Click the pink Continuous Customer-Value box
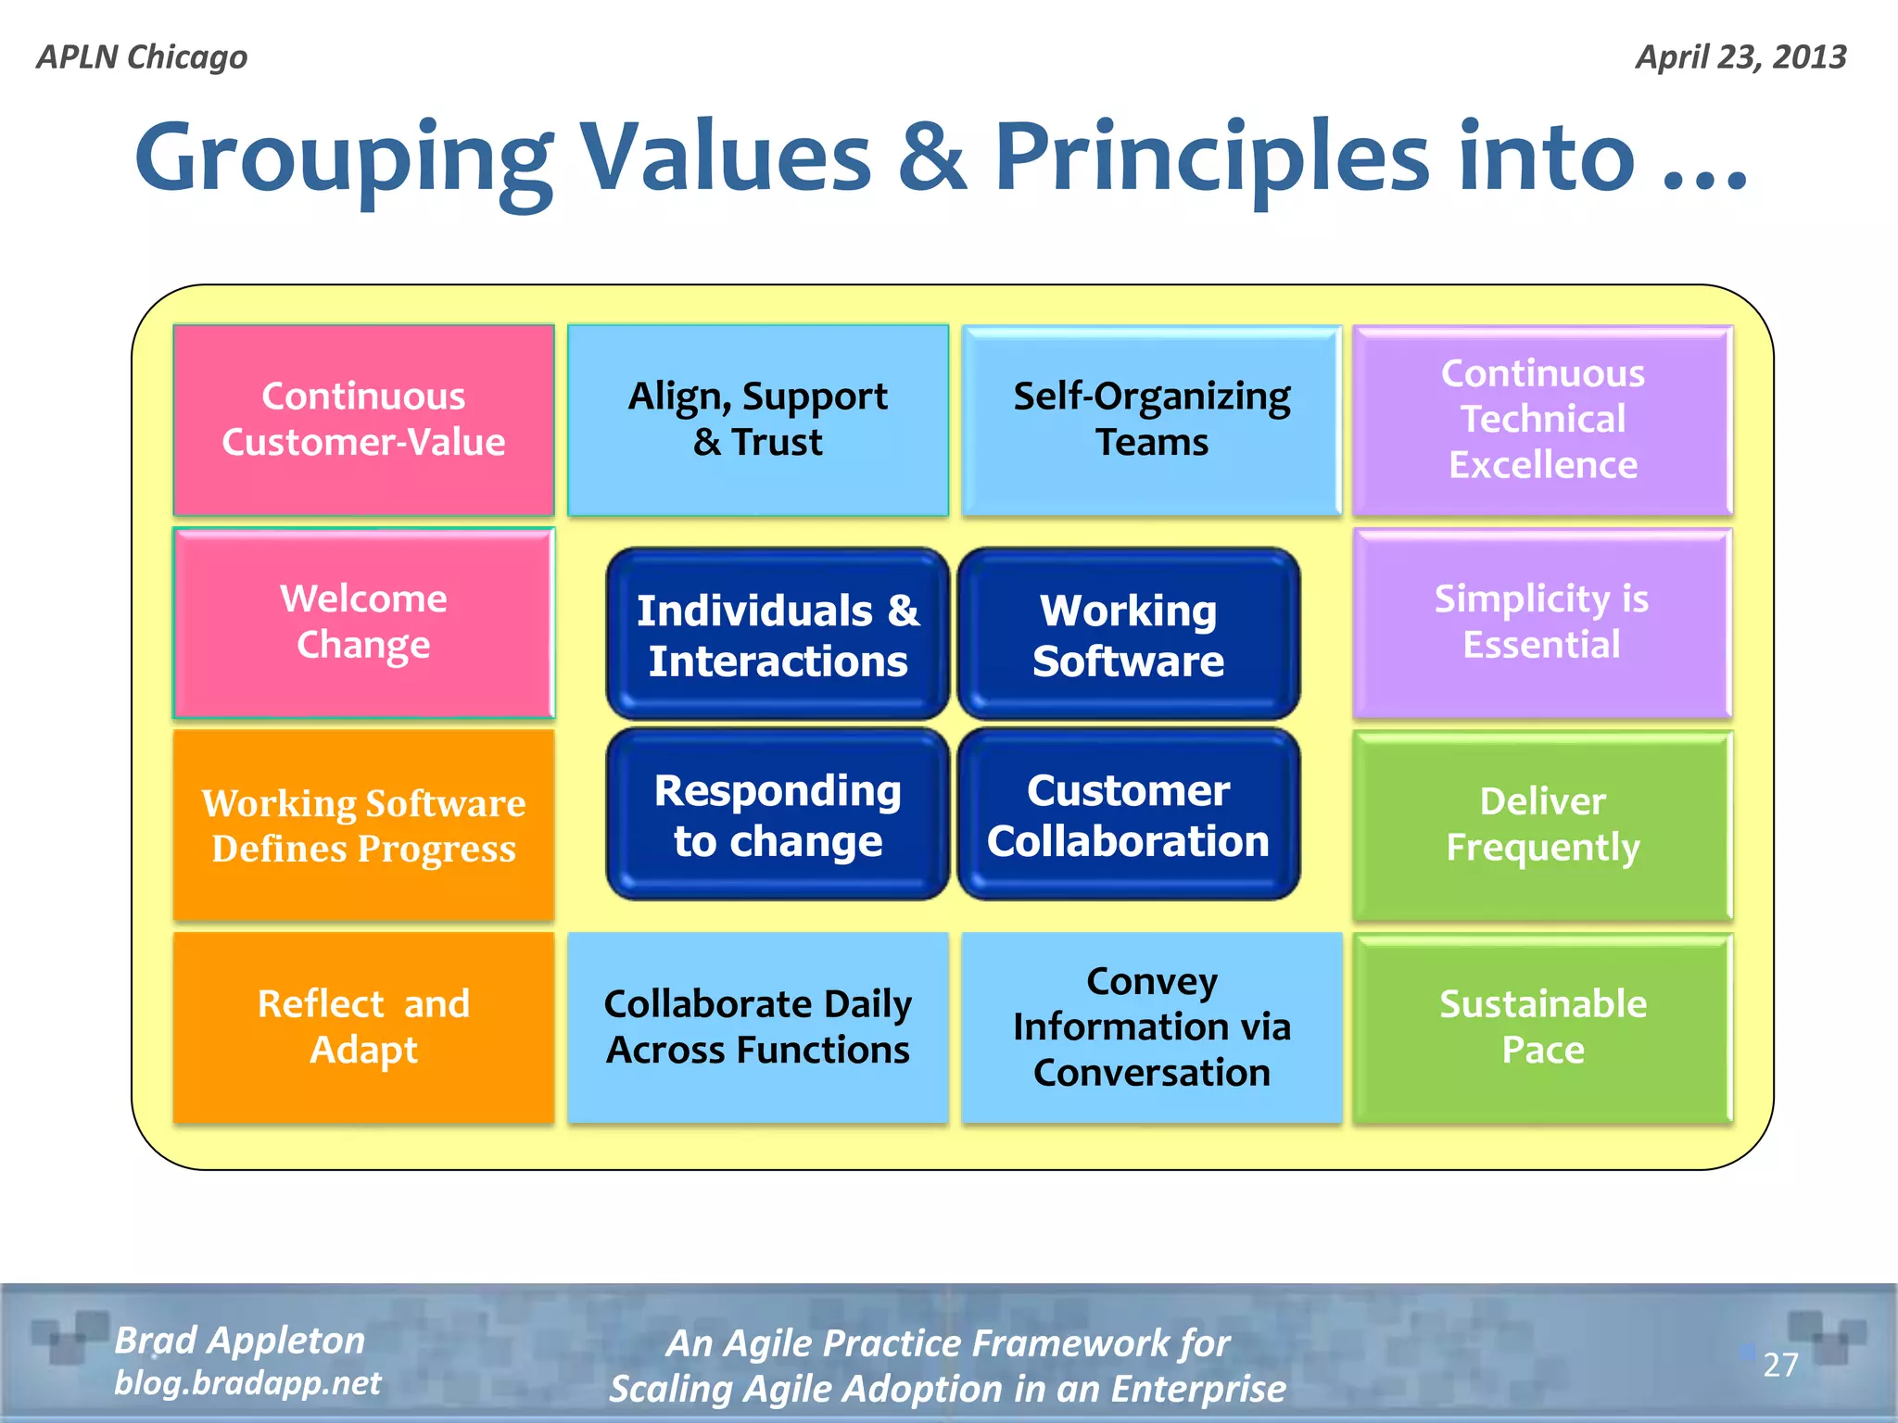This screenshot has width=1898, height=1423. coord(363,420)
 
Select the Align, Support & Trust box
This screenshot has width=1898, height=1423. coord(757,420)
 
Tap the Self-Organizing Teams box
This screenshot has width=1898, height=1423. coord(1151,420)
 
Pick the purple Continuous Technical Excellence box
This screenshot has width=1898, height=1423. coord(1542,420)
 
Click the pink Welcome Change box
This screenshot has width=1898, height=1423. coord(363,623)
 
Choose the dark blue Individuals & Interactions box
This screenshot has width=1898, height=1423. coord(778,634)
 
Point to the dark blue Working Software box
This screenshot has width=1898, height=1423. coord(1128,634)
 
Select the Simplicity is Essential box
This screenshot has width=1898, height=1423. coord(1542,623)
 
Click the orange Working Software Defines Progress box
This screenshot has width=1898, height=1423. coord(363,825)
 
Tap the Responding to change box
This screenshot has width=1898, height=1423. coord(778,814)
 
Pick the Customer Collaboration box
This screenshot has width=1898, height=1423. coord(1128,814)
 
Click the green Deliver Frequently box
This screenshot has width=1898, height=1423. coord(1542,825)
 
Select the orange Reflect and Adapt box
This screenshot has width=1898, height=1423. coord(363,1027)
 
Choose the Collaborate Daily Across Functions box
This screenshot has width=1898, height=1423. coord(757,1027)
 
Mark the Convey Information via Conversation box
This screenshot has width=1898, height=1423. coord(1151,1027)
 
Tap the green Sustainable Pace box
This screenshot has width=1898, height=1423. coord(1542,1027)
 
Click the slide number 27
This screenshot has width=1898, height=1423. coord(1780,1365)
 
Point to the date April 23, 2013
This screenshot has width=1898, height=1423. coord(1740,57)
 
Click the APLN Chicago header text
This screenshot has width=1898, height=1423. coord(142,57)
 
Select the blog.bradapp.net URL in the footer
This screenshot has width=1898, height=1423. coord(247,1383)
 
